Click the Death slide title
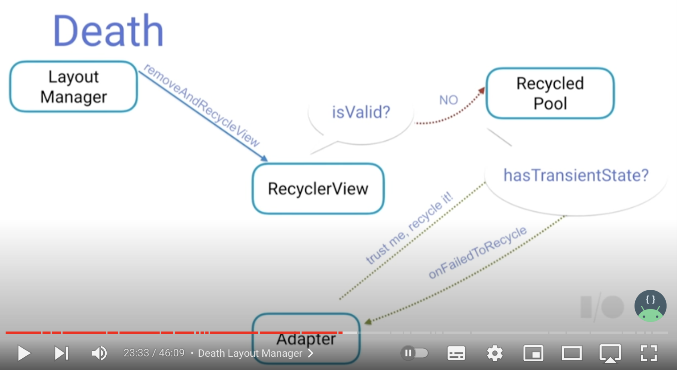[108, 31]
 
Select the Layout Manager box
[73, 87]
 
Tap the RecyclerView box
[318, 188]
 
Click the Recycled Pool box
[550, 93]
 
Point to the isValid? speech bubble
[361, 112]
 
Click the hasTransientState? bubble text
[576, 175]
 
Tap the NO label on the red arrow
[448, 100]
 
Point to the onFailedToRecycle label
[477, 252]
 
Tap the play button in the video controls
[24, 353]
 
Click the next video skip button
[62, 353]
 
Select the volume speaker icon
[99, 353]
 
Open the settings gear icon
[495, 353]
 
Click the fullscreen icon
[649, 353]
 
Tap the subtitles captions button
[456, 353]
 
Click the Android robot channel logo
[650, 306]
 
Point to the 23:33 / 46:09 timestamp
[154, 353]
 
